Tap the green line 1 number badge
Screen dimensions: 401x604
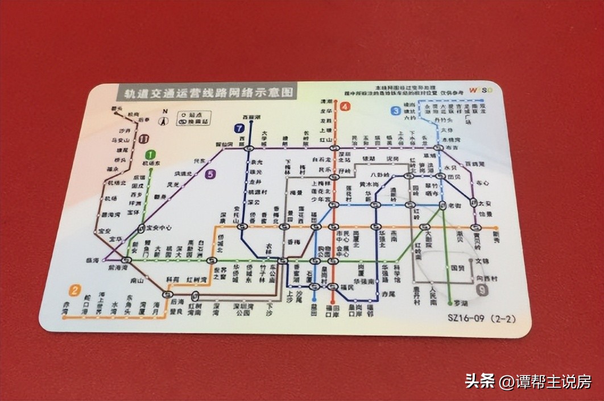coord(150,154)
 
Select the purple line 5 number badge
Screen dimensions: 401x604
coord(212,174)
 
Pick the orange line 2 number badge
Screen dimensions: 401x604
coord(75,291)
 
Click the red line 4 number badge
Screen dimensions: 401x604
coord(346,106)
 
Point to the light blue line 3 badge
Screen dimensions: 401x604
coord(395,111)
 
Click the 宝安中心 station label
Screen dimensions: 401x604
coord(159,228)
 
